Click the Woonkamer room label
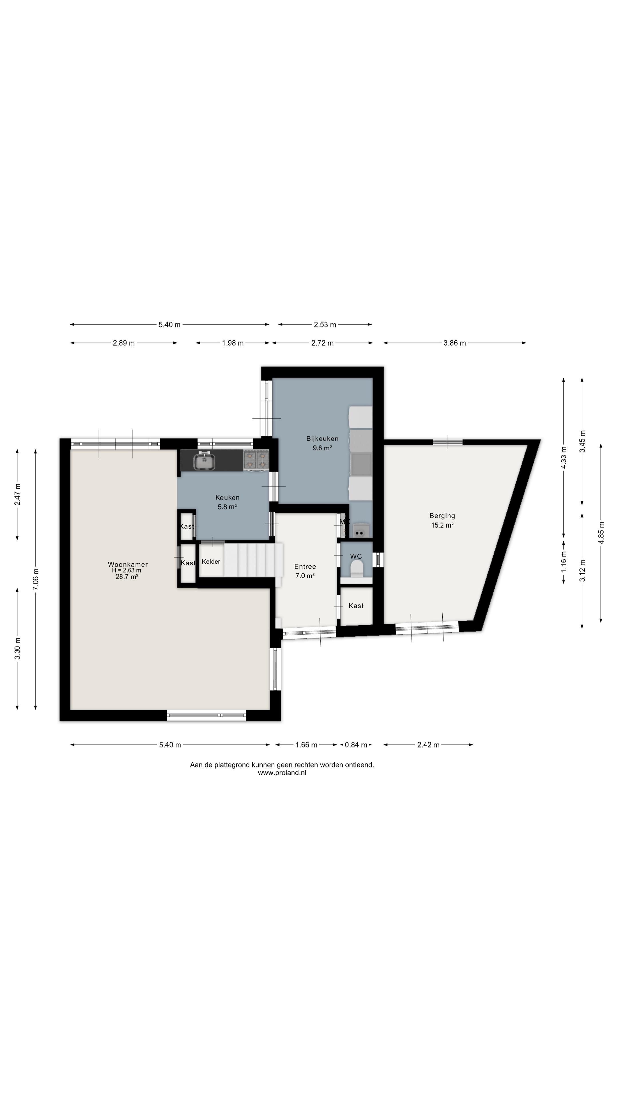[x=128, y=564]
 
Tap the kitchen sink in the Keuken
[x=204, y=461]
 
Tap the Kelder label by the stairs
[x=211, y=561]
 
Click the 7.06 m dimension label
[x=36, y=580]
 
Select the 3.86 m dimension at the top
[x=455, y=343]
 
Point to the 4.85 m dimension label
[x=601, y=533]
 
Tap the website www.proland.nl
[x=282, y=773]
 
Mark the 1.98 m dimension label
[x=233, y=343]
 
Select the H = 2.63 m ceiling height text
[x=127, y=570]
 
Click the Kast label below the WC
[x=356, y=606]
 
